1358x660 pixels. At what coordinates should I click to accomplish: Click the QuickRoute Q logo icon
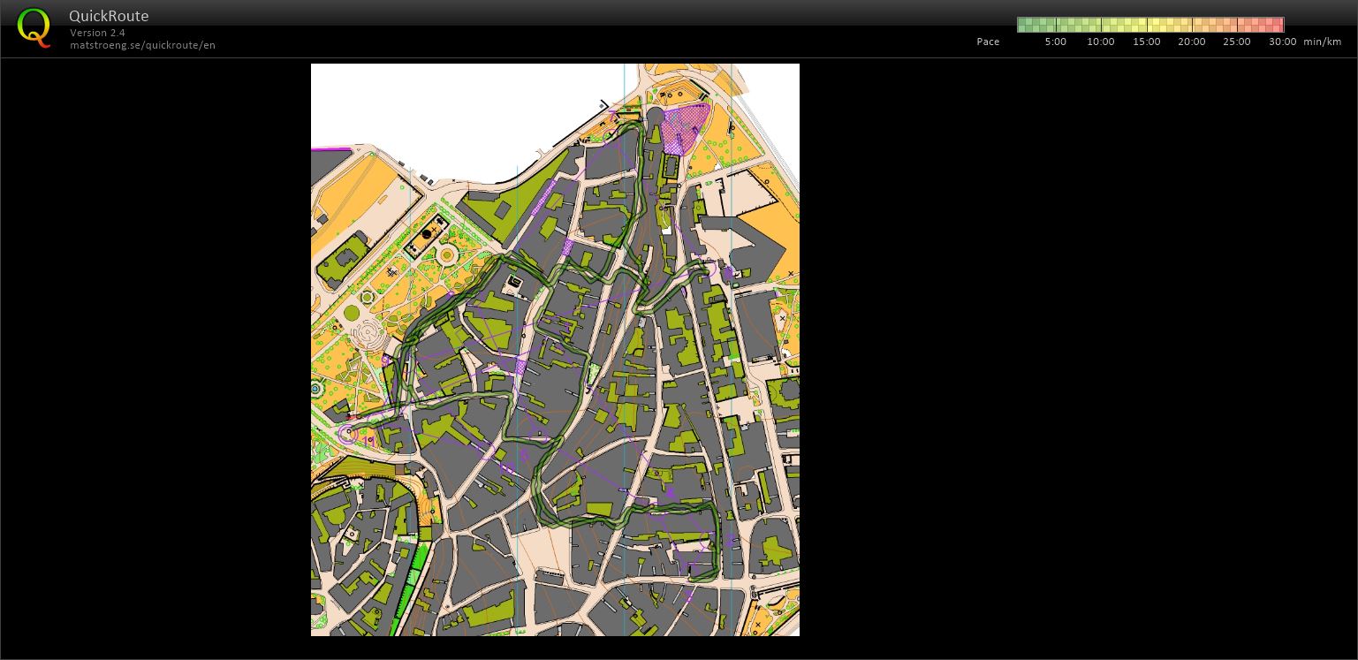pyautogui.click(x=34, y=27)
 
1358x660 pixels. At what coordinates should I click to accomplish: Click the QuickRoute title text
pyautogui.click(x=109, y=16)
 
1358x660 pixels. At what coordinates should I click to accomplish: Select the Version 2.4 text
pyautogui.click(x=97, y=33)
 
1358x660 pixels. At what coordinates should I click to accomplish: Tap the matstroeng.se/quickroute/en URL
pyautogui.click(x=142, y=45)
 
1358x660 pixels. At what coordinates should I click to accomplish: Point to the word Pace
pyautogui.click(x=988, y=42)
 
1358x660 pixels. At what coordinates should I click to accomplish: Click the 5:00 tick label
pyautogui.click(x=1055, y=42)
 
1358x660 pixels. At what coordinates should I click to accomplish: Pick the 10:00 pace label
pyautogui.click(x=1100, y=42)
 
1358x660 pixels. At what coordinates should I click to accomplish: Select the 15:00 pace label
pyautogui.click(x=1146, y=42)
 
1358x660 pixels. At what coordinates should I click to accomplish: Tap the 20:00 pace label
pyautogui.click(x=1191, y=42)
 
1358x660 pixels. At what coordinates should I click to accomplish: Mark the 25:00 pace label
pyautogui.click(x=1236, y=42)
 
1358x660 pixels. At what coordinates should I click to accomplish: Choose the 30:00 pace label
pyautogui.click(x=1282, y=42)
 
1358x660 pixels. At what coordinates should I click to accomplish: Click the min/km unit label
pyautogui.click(x=1322, y=42)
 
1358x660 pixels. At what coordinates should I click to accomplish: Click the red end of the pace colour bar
pyautogui.click(x=1277, y=25)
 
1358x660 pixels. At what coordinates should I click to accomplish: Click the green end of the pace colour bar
pyautogui.click(x=1024, y=25)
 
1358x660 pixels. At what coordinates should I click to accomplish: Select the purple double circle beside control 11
pyautogui.click(x=347, y=434)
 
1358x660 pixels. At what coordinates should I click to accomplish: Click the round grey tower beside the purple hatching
pyautogui.click(x=656, y=117)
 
